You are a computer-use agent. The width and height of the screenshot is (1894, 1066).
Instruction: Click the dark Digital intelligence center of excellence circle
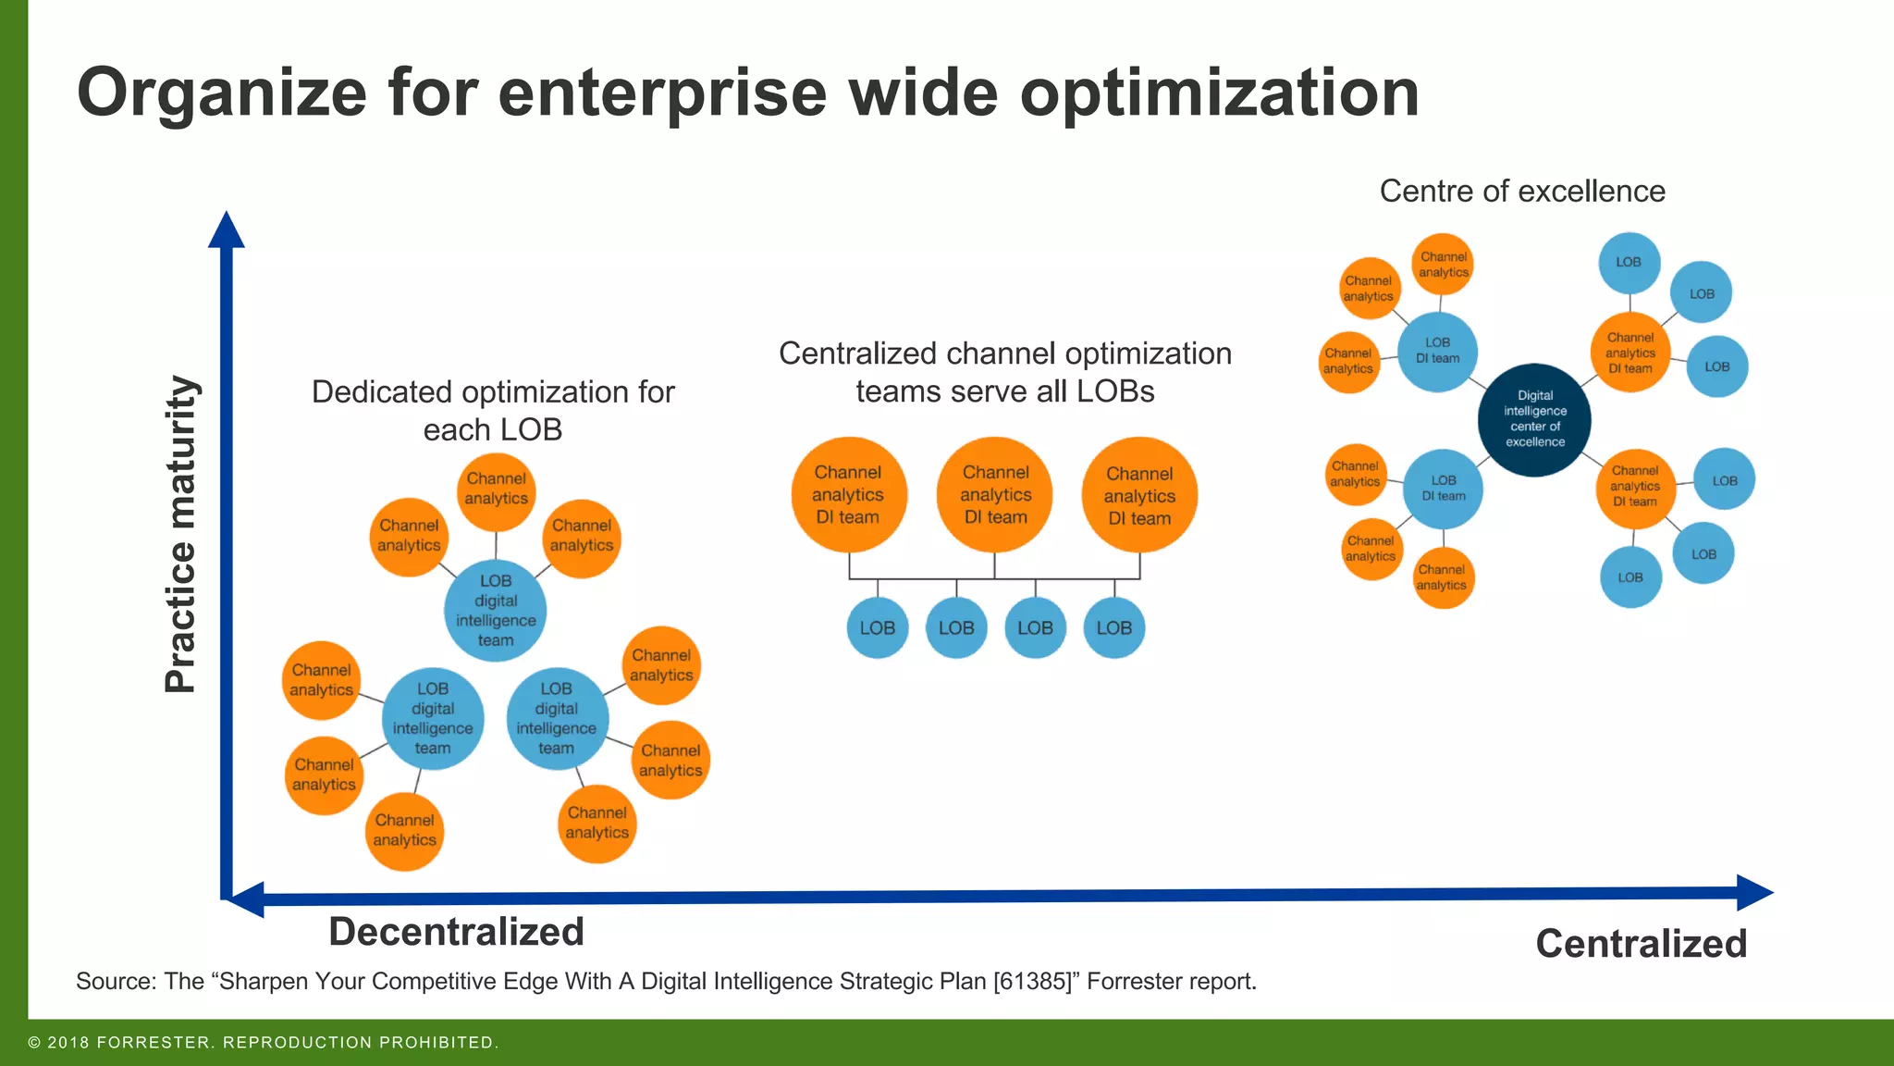pyautogui.click(x=1534, y=419)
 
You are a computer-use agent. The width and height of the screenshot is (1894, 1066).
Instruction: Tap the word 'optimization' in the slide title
pyautogui.click(x=1219, y=93)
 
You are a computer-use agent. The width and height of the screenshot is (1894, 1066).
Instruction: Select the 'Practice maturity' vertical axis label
pyautogui.click(x=180, y=534)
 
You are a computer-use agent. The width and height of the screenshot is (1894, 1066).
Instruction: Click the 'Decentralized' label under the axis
pyautogui.click(x=456, y=931)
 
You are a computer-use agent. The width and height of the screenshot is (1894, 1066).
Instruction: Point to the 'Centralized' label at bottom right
pyautogui.click(x=1641, y=943)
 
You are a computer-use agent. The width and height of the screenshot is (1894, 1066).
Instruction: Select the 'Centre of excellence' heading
pyautogui.click(x=1522, y=191)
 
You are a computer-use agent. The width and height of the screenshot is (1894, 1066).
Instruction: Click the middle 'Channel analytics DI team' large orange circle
pyautogui.click(x=995, y=495)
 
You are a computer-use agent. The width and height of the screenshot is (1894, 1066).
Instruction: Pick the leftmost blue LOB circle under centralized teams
pyautogui.click(x=877, y=627)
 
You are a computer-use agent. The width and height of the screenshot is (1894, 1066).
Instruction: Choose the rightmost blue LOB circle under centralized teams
pyautogui.click(x=1113, y=627)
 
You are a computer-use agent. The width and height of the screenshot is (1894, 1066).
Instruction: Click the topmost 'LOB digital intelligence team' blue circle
pyautogui.click(x=496, y=611)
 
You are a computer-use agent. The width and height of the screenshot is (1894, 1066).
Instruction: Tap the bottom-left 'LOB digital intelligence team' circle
pyautogui.click(x=433, y=718)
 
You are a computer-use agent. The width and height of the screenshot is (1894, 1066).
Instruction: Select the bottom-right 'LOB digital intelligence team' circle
pyautogui.click(x=557, y=718)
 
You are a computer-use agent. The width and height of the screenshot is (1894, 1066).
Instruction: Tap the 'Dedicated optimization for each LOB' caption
pyautogui.click(x=493, y=410)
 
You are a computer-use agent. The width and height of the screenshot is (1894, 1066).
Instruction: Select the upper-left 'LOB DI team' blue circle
pyautogui.click(x=1437, y=351)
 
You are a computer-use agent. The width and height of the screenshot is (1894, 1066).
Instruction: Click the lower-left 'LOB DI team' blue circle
pyautogui.click(x=1443, y=488)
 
